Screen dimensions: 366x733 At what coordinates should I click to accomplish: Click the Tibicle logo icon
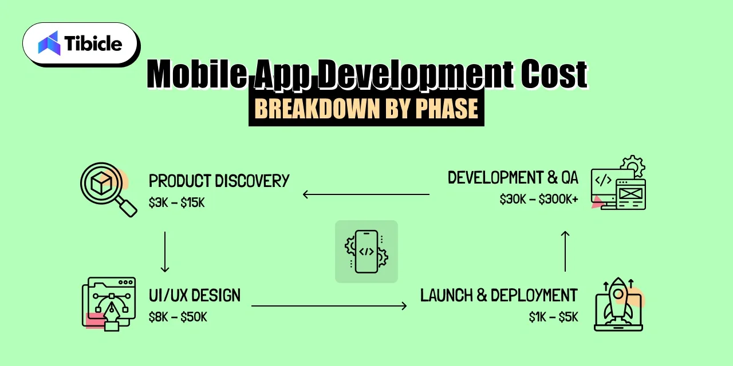tap(49, 43)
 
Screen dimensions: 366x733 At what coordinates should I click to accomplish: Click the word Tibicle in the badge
tap(93, 43)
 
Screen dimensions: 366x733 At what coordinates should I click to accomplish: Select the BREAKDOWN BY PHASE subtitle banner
tap(366, 109)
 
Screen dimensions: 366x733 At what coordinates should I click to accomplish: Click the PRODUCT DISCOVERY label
tap(219, 181)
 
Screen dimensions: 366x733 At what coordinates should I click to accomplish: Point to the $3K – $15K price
tap(176, 202)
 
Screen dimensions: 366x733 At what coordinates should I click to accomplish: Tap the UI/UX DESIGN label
tap(194, 296)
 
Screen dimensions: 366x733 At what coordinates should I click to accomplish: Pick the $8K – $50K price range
tap(178, 317)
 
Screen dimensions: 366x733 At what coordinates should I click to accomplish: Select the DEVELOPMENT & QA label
tap(513, 178)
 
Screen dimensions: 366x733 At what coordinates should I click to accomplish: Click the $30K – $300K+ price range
tap(538, 200)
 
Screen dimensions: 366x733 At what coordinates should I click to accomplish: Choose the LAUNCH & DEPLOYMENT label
tap(499, 296)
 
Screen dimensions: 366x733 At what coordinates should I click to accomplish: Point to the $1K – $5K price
tap(553, 317)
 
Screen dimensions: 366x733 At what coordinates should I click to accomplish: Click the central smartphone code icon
tap(366, 251)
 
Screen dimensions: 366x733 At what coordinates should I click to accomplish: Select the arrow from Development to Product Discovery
tap(366, 194)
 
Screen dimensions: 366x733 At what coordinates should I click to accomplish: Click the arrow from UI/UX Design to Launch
tap(329, 306)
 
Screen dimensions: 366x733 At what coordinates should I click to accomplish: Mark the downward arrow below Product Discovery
tap(165, 252)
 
